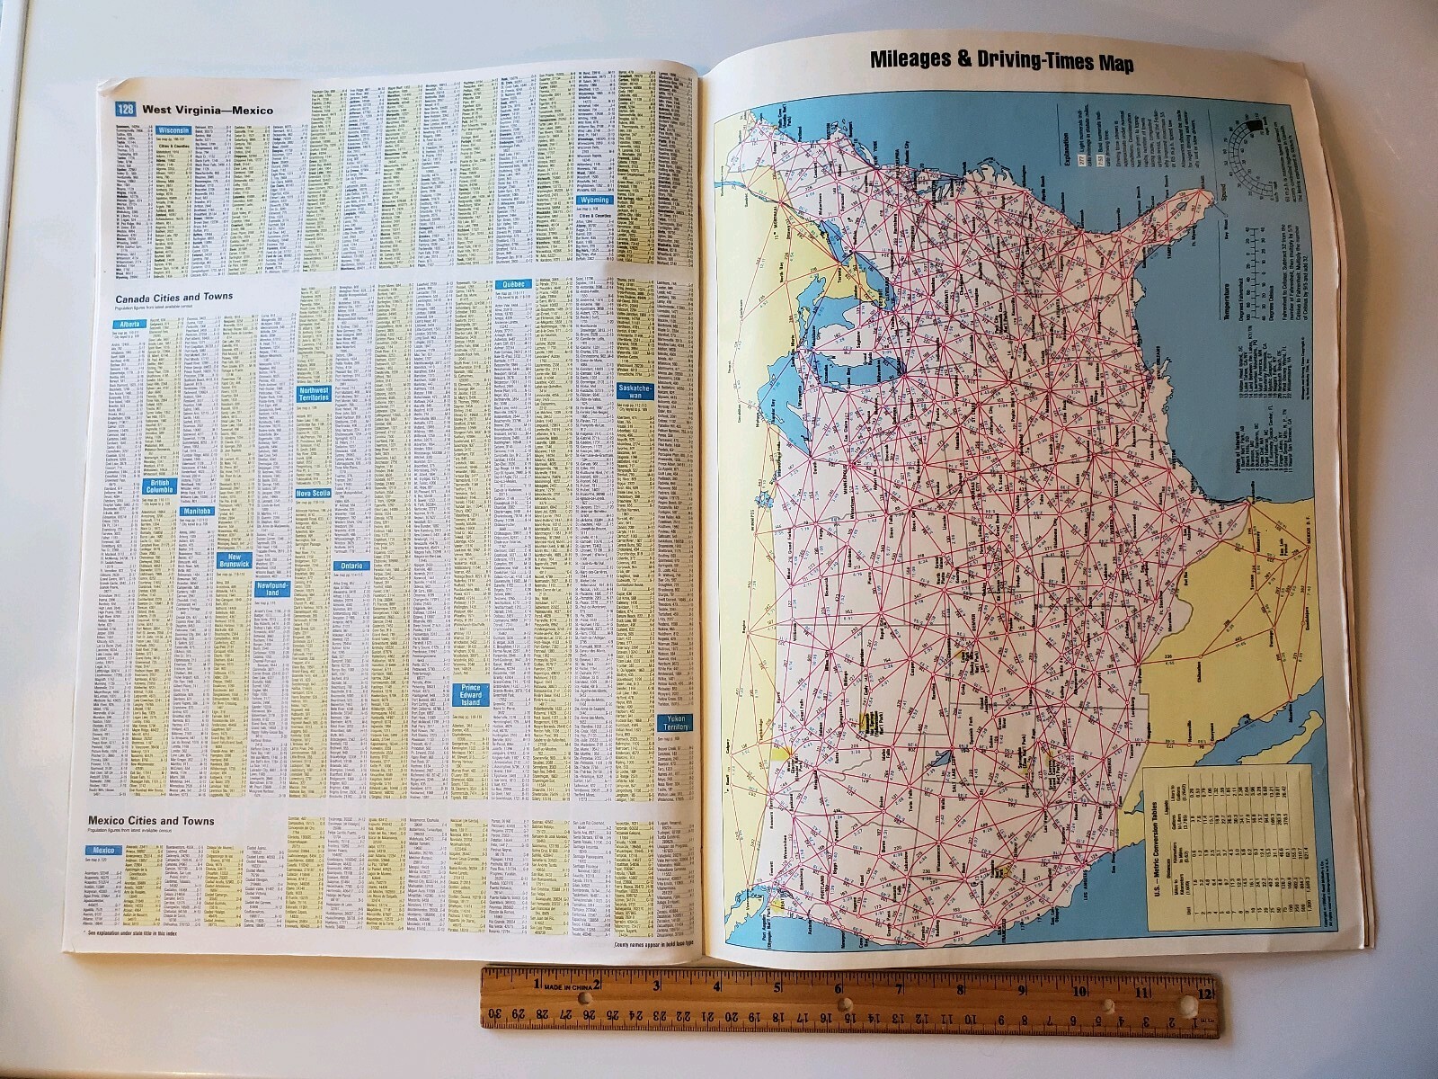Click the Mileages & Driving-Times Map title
point(1001,62)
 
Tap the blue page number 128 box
point(125,111)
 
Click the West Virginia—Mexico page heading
point(208,111)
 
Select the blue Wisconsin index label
point(173,130)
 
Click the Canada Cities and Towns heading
point(173,296)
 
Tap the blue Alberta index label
point(129,325)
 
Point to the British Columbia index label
point(159,486)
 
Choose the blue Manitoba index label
point(196,511)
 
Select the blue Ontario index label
point(351,566)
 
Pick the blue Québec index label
point(509,284)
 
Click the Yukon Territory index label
point(675,723)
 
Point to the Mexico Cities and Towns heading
point(151,821)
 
